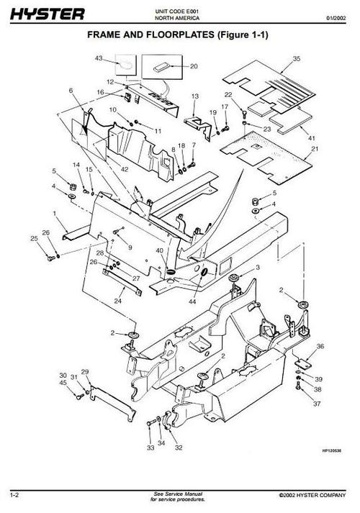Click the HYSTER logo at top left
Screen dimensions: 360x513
tap(48, 14)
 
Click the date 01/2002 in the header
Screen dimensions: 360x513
tap(336, 18)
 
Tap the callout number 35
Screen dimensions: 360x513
tap(297, 58)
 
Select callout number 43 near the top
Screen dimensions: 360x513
tap(99, 58)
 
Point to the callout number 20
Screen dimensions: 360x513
tap(194, 66)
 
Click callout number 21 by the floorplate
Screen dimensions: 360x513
tap(315, 149)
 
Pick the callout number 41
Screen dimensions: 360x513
tap(312, 138)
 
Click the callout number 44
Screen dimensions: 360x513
tap(192, 301)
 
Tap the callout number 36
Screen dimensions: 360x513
tap(320, 346)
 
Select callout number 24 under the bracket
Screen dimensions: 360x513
tap(118, 301)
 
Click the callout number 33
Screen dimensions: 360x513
tap(150, 448)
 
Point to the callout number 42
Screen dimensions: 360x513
tap(125, 169)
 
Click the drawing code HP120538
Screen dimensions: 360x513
tap(331, 450)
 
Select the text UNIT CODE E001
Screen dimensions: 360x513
tap(176, 12)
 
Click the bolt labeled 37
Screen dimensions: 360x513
tap(297, 386)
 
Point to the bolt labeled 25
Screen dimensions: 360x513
tap(50, 258)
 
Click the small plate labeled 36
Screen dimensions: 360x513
tap(302, 364)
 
